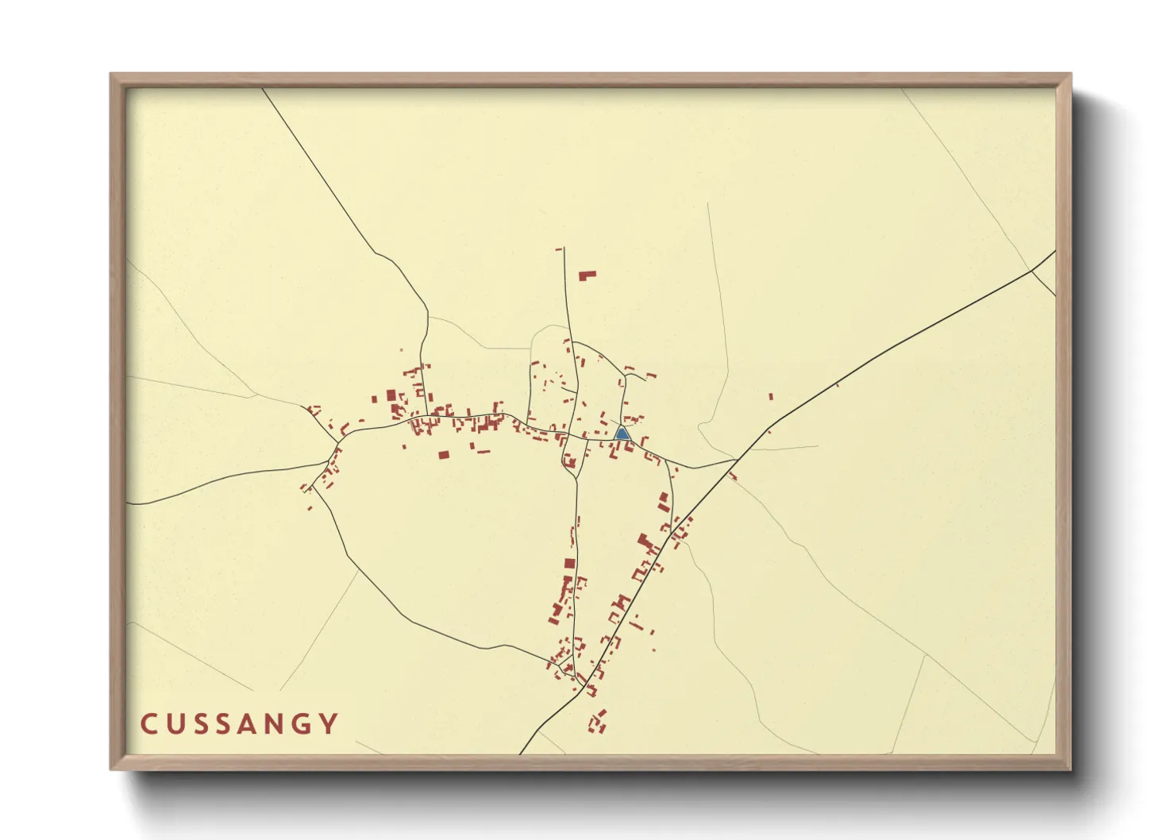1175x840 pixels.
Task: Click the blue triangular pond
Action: click(x=622, y=433)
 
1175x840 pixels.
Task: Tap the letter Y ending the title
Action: click(x=329, y=724)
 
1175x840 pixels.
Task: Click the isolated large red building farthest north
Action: click(x=587, y=276)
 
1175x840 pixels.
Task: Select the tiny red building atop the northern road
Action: click(x=559, y=249)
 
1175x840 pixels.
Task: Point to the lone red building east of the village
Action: click(x=770, y=396)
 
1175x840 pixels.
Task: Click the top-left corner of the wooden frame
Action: click(x=112, y=75)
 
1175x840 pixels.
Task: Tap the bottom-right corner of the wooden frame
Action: click(x=1069, y=768)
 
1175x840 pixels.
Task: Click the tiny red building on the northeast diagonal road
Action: click(x=838, y=385)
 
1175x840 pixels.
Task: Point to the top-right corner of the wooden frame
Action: click(x=1069, y=75)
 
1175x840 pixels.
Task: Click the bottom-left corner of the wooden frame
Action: click(x=112, y=768)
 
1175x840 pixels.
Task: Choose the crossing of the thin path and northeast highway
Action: click(x=1032, y=270)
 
